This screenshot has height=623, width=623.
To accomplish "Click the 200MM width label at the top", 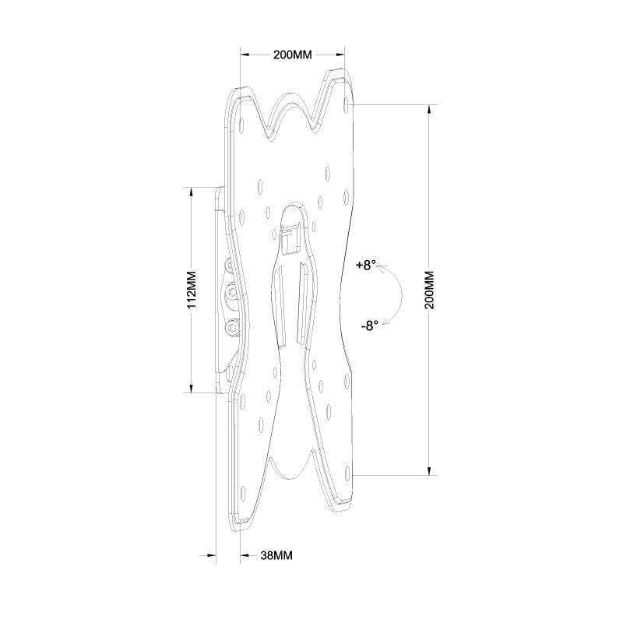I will click(x=292, y=55).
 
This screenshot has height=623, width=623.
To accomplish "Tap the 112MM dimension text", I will click(x=192, y=290).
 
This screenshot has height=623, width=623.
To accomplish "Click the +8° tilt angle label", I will click(x=365, y=266).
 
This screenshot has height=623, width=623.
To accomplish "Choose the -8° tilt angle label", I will click(x=369, y=326).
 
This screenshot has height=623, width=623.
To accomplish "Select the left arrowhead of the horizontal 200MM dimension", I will click(x=245, y=55).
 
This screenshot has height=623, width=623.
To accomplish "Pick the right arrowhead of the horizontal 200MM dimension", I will click(x=340, y=55).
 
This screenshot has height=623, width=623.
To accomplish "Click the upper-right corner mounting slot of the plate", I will click(x=347, y=101).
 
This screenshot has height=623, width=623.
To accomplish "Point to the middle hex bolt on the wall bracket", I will click(x=232, y=294).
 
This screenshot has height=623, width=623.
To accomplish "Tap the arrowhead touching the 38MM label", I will click(x=244, y=556).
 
